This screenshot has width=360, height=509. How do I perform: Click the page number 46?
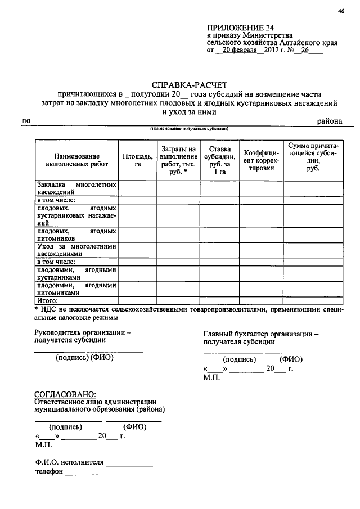(341, 11)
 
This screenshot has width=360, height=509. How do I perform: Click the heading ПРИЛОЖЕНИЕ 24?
(234, 26)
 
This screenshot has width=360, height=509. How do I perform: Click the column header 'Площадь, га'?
(137, 160)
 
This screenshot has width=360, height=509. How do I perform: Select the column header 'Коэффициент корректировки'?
(262, 160)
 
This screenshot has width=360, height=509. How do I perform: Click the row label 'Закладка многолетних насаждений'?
(76, 188)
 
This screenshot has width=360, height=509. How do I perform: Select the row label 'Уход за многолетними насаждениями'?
(76, 250)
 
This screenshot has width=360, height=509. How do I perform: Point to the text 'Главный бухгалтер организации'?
(260, 334)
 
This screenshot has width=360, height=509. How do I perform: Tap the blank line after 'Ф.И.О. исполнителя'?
(129, 463)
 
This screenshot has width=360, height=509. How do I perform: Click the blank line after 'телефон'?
(94, 472)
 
